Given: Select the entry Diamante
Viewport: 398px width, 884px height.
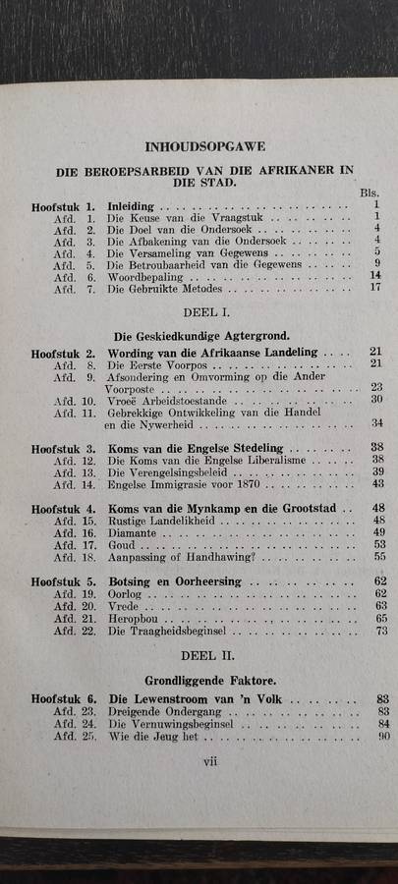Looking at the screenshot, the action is (x=133, y=532).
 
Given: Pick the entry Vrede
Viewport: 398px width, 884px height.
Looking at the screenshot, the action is (x=123, y=607).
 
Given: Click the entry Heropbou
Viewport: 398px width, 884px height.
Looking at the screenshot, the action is (x=132, y=619).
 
